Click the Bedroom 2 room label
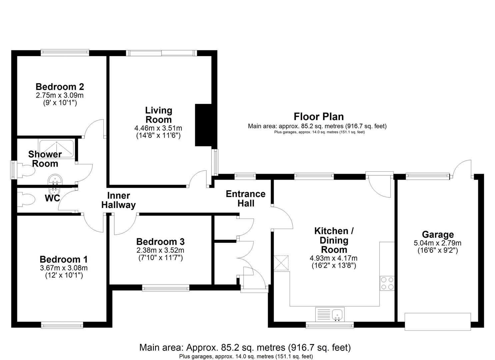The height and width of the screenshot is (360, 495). coord(60,87)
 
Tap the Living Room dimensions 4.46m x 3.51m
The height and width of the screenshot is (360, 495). coord(158,128)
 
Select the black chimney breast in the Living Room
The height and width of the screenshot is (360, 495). coord(205,125)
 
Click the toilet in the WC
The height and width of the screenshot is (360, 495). coord(27,200)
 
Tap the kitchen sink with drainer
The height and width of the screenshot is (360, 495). coord(330,314)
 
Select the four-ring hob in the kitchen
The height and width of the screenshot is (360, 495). coord(387,283)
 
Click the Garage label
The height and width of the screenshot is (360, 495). coord(438,235)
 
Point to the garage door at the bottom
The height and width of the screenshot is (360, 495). coord(437,321)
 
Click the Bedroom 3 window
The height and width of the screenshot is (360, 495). coord(166,288)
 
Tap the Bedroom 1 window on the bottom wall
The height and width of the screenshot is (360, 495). coord(62,325)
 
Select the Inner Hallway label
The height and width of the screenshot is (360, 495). coord(118,200)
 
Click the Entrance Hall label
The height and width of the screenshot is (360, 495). coord(246,199)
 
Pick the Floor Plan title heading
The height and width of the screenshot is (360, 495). coord(318,117)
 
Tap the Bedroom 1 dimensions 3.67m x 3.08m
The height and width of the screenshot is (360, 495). coord(63,268)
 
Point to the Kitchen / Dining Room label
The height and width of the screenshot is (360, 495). coord(334,240)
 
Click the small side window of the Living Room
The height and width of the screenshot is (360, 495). coord(216,162)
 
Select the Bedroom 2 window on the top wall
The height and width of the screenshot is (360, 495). coord(65,52)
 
